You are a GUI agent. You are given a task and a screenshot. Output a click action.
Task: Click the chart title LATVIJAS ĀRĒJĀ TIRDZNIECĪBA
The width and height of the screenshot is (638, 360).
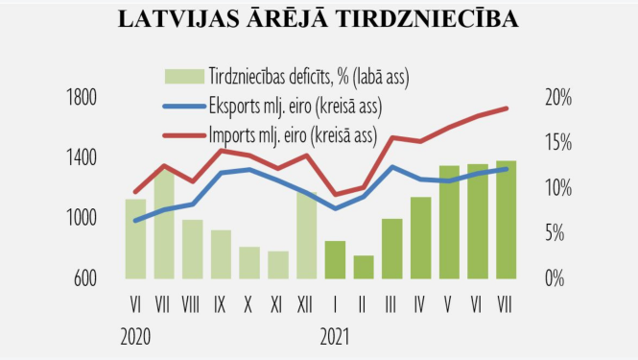pyautogui.click(x=318, y=20)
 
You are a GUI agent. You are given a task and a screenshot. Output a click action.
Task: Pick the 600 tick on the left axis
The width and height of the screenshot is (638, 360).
pyautogui.click(x=83, y=278)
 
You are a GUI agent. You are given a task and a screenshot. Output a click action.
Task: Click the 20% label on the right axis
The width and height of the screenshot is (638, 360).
pyautogui.click(x=557, y=98)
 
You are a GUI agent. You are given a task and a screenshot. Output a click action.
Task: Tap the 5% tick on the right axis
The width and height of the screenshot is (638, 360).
pyautogui.click(x=561, y=233)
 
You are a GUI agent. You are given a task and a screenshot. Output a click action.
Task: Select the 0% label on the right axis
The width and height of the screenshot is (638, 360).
pyautogui.click(x=561, y=278)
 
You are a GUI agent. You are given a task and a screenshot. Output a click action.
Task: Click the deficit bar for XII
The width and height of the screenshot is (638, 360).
pyautogui.click(x=306, y=235)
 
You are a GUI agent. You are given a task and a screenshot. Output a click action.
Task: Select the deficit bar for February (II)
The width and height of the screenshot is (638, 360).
pyautogui.click(x=363, y=267)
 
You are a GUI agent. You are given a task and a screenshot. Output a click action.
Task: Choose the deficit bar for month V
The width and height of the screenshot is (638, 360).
pyautogui.click(x=449, y=222)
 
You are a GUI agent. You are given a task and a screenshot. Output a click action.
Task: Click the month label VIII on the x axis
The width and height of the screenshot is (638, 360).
pyautogui.click(x=192, y=304)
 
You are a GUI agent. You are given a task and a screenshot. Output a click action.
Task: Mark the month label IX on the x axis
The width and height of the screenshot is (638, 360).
pyautogui.click(x=221, y=304)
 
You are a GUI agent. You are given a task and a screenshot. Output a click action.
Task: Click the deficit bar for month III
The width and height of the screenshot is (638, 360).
pyautogui.click(x=391, y=249)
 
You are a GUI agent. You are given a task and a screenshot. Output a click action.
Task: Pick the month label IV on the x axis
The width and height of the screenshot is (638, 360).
pyautogui.click(x=419, y=304)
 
